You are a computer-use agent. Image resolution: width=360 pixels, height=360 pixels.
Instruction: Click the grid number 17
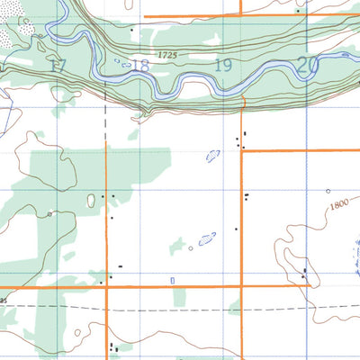click(59, 65)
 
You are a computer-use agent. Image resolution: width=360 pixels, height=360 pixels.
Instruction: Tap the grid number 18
click(139, 65)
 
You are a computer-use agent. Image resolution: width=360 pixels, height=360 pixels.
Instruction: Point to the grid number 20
click(307, 65)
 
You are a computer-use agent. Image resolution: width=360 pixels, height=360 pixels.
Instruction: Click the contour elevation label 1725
click(166, 56)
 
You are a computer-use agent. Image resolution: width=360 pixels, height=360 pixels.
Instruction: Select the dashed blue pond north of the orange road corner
click(214, 154)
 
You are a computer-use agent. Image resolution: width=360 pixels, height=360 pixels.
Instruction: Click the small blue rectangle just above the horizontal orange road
click(172, 280)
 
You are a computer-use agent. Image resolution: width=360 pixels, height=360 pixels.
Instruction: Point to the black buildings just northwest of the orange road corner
click(239, 139)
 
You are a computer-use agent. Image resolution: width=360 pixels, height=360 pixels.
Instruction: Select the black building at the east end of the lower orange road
click(305, 271)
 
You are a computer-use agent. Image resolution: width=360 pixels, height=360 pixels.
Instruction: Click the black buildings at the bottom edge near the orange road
click(112, 346)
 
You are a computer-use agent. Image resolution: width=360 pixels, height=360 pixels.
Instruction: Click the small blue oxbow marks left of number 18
click(121, 62)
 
